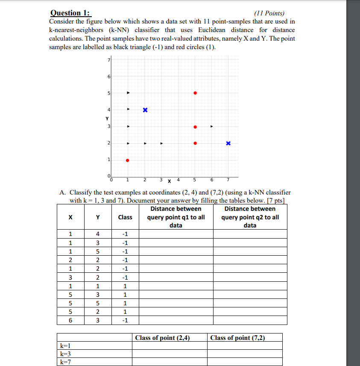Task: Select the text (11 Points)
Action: (x=269, y=13)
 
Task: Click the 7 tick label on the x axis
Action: (x=228, y=179)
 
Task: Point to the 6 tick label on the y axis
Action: (x=108, y=77)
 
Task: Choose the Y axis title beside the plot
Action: (x=108, y=118)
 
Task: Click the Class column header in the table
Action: (x=125, y=217)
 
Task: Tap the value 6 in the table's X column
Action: (x=70, y=320)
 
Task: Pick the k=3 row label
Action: (x=65, y=354)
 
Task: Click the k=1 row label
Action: (x=65, y=345)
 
